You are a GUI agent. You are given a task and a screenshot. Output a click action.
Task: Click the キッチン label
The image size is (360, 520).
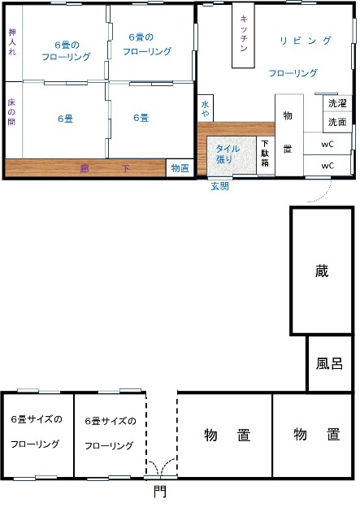[x=244, y=33]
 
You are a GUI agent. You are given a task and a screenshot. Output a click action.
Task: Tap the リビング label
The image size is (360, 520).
[x=306, y=41]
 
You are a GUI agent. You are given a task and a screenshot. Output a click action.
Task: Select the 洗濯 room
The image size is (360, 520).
[x=337, y=103]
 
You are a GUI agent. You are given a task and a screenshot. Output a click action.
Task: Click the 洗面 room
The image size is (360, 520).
[x=337, y=123]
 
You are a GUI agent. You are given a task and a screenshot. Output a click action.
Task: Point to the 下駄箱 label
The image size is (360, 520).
[x=265, y=153]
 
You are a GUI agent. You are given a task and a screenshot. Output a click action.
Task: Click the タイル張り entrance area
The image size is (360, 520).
[x=232, y=155]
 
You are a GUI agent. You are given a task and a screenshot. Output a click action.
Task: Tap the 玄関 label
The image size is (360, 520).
[x=220, y=186]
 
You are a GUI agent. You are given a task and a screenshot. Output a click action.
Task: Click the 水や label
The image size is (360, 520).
[x=205, y=109]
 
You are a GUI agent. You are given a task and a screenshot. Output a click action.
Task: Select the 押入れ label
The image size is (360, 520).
[x=12, y=41]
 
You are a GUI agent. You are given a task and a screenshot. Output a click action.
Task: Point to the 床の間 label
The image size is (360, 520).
[x=11, y=111]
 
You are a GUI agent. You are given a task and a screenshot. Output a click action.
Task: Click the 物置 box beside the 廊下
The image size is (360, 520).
[x=180, y=168]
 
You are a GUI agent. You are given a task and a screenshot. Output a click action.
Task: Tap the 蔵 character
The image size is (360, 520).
[x=322, y=271]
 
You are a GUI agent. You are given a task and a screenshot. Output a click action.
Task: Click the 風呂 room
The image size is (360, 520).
[x=329, y=363]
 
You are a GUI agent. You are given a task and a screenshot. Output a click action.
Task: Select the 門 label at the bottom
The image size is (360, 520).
[x=160, y=491]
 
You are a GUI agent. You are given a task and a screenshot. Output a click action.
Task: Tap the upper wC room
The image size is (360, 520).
[x=327, y=144]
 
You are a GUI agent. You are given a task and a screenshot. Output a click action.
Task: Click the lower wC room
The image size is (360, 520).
[x=327, y=165]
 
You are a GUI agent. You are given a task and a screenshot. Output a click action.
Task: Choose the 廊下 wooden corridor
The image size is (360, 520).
[x=85, y=168]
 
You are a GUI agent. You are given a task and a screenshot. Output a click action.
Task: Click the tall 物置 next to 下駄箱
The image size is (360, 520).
[x=289, y=135]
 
